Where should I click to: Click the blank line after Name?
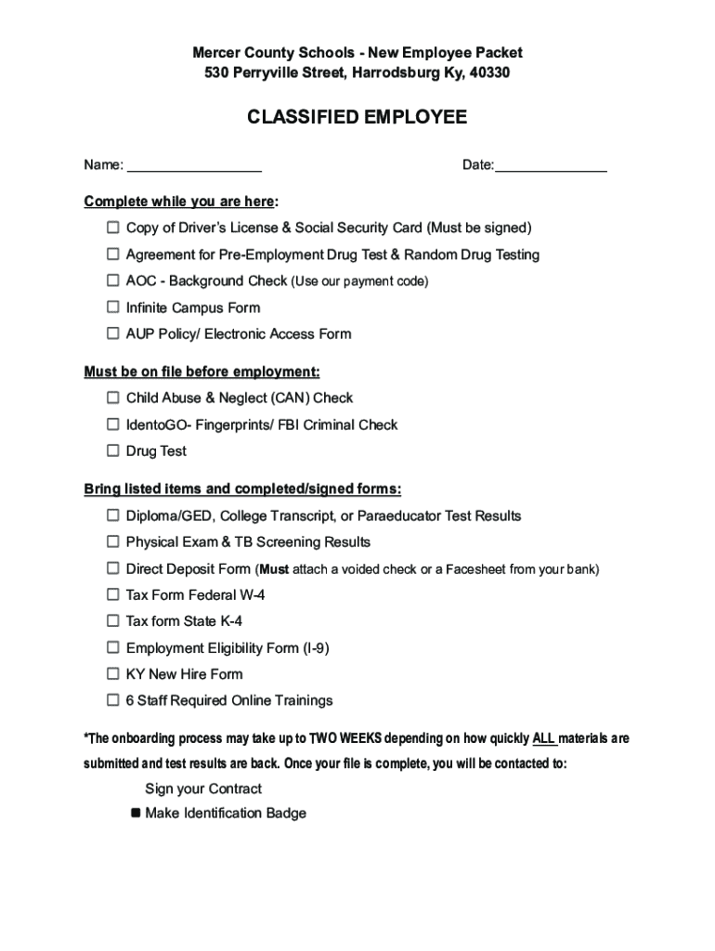pyautogui.click(x=194, y=167)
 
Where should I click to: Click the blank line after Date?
pyautogui.click(x=551, y=167)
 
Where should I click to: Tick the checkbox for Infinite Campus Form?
pyautogui.click(x=112, y=306)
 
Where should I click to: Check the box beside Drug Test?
pyautogui.click(x=112, y=450)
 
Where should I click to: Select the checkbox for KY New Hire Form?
pyautogui.click(x=112, y=673)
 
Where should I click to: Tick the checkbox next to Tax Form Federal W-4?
pyautogui.click(x=112, y=593)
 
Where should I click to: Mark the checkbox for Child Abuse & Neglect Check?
pyautogui.click(x=112, y=397)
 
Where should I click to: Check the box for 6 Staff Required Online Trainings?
pyautogui.click(x=112, y=699)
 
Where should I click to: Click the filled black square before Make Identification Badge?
pyautogui.click(x=136, y=814)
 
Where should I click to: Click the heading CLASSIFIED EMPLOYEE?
pyautogui.click(x=357, y=118)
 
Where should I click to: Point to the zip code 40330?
pyautogui.click(x=489, y=72)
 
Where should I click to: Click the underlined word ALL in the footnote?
pyautogui.click(x=544, y=739)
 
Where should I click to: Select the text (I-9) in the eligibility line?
pyautogui.click(x=316, y=647)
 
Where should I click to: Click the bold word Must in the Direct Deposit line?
pyautogui.click(x=274, y=568)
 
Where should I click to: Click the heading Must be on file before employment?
pyautogui.click(x=201, y=371)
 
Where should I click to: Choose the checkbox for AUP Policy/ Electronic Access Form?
pyautogui.click(x=112, y=332)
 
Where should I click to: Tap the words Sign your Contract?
pyautogui.click(x=203, y=788)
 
